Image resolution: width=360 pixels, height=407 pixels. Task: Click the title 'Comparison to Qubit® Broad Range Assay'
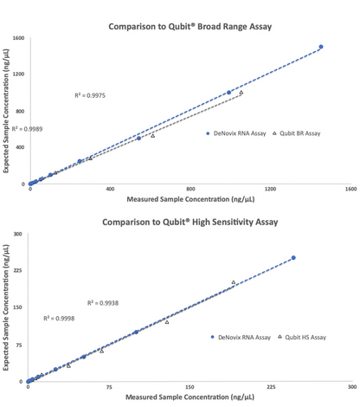pos(190,27)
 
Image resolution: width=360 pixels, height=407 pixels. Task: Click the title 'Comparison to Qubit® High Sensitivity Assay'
pos(190,222)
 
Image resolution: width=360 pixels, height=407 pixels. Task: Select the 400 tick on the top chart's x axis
pos(110,189)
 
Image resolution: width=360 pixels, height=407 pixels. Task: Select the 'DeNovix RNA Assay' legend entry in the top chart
pos(234,133)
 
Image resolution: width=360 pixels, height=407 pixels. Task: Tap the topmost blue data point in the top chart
pos(321,47)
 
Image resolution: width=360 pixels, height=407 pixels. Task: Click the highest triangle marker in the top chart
pos(241,93)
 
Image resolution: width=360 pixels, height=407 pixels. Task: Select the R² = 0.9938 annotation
pos(103,302)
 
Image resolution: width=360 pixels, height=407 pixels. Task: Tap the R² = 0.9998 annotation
pos(58,319)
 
